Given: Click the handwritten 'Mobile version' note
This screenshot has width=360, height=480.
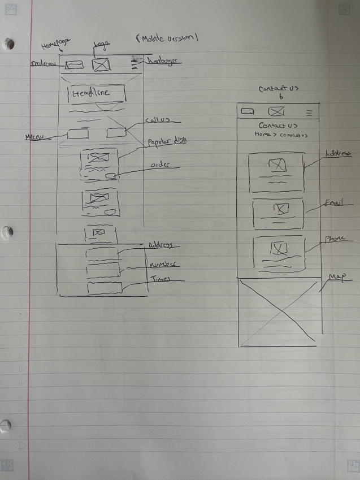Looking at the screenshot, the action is [169, 38].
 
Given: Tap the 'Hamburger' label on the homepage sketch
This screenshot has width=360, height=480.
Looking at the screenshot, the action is [163, 60].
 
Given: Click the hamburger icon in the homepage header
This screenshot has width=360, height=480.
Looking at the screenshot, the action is [135, 65].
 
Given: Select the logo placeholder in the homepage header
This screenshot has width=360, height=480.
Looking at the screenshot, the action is [101, 64].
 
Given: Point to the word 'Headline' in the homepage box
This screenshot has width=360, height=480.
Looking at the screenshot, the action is [92, 94].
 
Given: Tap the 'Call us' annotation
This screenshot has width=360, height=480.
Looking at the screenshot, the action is [154, 120].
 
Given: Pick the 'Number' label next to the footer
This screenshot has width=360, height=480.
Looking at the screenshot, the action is [164, 265].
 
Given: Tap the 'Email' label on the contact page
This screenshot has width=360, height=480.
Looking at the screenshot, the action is [335, 202].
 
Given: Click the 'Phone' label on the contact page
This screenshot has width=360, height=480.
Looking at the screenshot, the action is [335, 239].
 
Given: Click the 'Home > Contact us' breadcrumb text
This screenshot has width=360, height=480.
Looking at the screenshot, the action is [280, 135].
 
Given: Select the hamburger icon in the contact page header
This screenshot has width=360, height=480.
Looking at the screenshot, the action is [309, 112].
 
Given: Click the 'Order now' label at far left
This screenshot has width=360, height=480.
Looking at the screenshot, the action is [43, 63].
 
